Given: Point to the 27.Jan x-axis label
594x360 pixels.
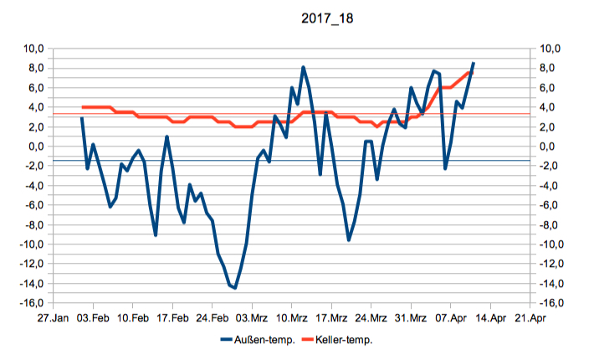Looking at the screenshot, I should (52, 319).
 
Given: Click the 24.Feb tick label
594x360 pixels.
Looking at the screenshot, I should (213, 319).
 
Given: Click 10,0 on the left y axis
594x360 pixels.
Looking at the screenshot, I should (33, 49).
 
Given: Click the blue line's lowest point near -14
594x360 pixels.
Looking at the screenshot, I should (235, 288).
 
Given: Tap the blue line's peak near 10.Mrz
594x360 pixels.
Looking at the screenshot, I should (303, 67).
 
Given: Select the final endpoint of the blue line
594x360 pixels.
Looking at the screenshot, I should (474, 63).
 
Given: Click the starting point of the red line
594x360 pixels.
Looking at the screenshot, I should (82, 107).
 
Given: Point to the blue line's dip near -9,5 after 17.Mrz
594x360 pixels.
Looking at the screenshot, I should (349, 240).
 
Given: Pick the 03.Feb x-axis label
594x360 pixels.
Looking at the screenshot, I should (93, 319).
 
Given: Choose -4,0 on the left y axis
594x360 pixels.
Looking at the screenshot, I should (33, 186).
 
